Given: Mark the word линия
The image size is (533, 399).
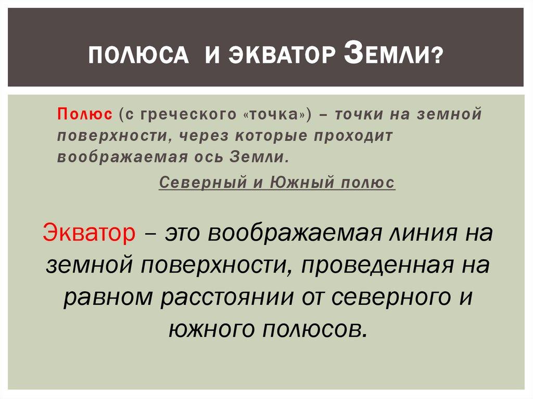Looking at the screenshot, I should pyautogui.click(x=413, y=232).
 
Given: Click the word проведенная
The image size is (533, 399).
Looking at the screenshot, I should pyautogui.click(x=382, y=266).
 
